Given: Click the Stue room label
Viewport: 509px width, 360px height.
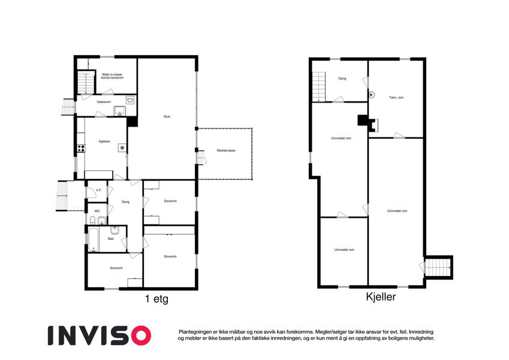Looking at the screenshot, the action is point(167,116).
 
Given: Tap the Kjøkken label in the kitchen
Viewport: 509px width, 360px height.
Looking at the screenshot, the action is point(104,142).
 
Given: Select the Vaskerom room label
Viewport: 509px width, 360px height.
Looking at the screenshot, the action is point(104,102).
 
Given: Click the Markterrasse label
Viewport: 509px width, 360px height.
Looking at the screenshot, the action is point(226,151).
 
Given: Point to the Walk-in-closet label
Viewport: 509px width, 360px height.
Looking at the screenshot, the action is point(112,74).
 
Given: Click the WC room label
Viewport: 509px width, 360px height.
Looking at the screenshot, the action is point(97,211).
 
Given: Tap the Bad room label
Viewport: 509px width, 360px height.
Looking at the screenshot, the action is point(111,239).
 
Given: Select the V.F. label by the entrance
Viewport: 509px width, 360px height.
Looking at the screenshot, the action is point(99,190).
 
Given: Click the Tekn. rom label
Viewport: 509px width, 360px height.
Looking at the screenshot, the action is point(396,97).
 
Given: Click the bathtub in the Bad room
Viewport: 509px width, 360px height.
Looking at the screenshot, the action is point(94,240).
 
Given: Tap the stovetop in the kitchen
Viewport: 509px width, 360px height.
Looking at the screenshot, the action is point(81,148).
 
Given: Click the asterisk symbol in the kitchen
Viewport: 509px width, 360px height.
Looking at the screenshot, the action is point(122,148).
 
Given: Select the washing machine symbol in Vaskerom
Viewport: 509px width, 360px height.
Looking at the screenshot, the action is point(131,100).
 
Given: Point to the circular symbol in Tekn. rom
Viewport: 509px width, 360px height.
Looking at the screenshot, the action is point(372,95).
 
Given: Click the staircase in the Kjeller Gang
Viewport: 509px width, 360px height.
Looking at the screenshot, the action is point(319,87).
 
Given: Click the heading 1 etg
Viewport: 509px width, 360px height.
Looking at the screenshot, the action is point(157,299).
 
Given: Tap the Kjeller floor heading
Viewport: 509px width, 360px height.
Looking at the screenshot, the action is point(381,296).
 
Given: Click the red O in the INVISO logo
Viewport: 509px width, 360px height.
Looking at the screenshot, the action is point(141,335).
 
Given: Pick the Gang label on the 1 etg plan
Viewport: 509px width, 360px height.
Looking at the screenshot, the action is point(125,202).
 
